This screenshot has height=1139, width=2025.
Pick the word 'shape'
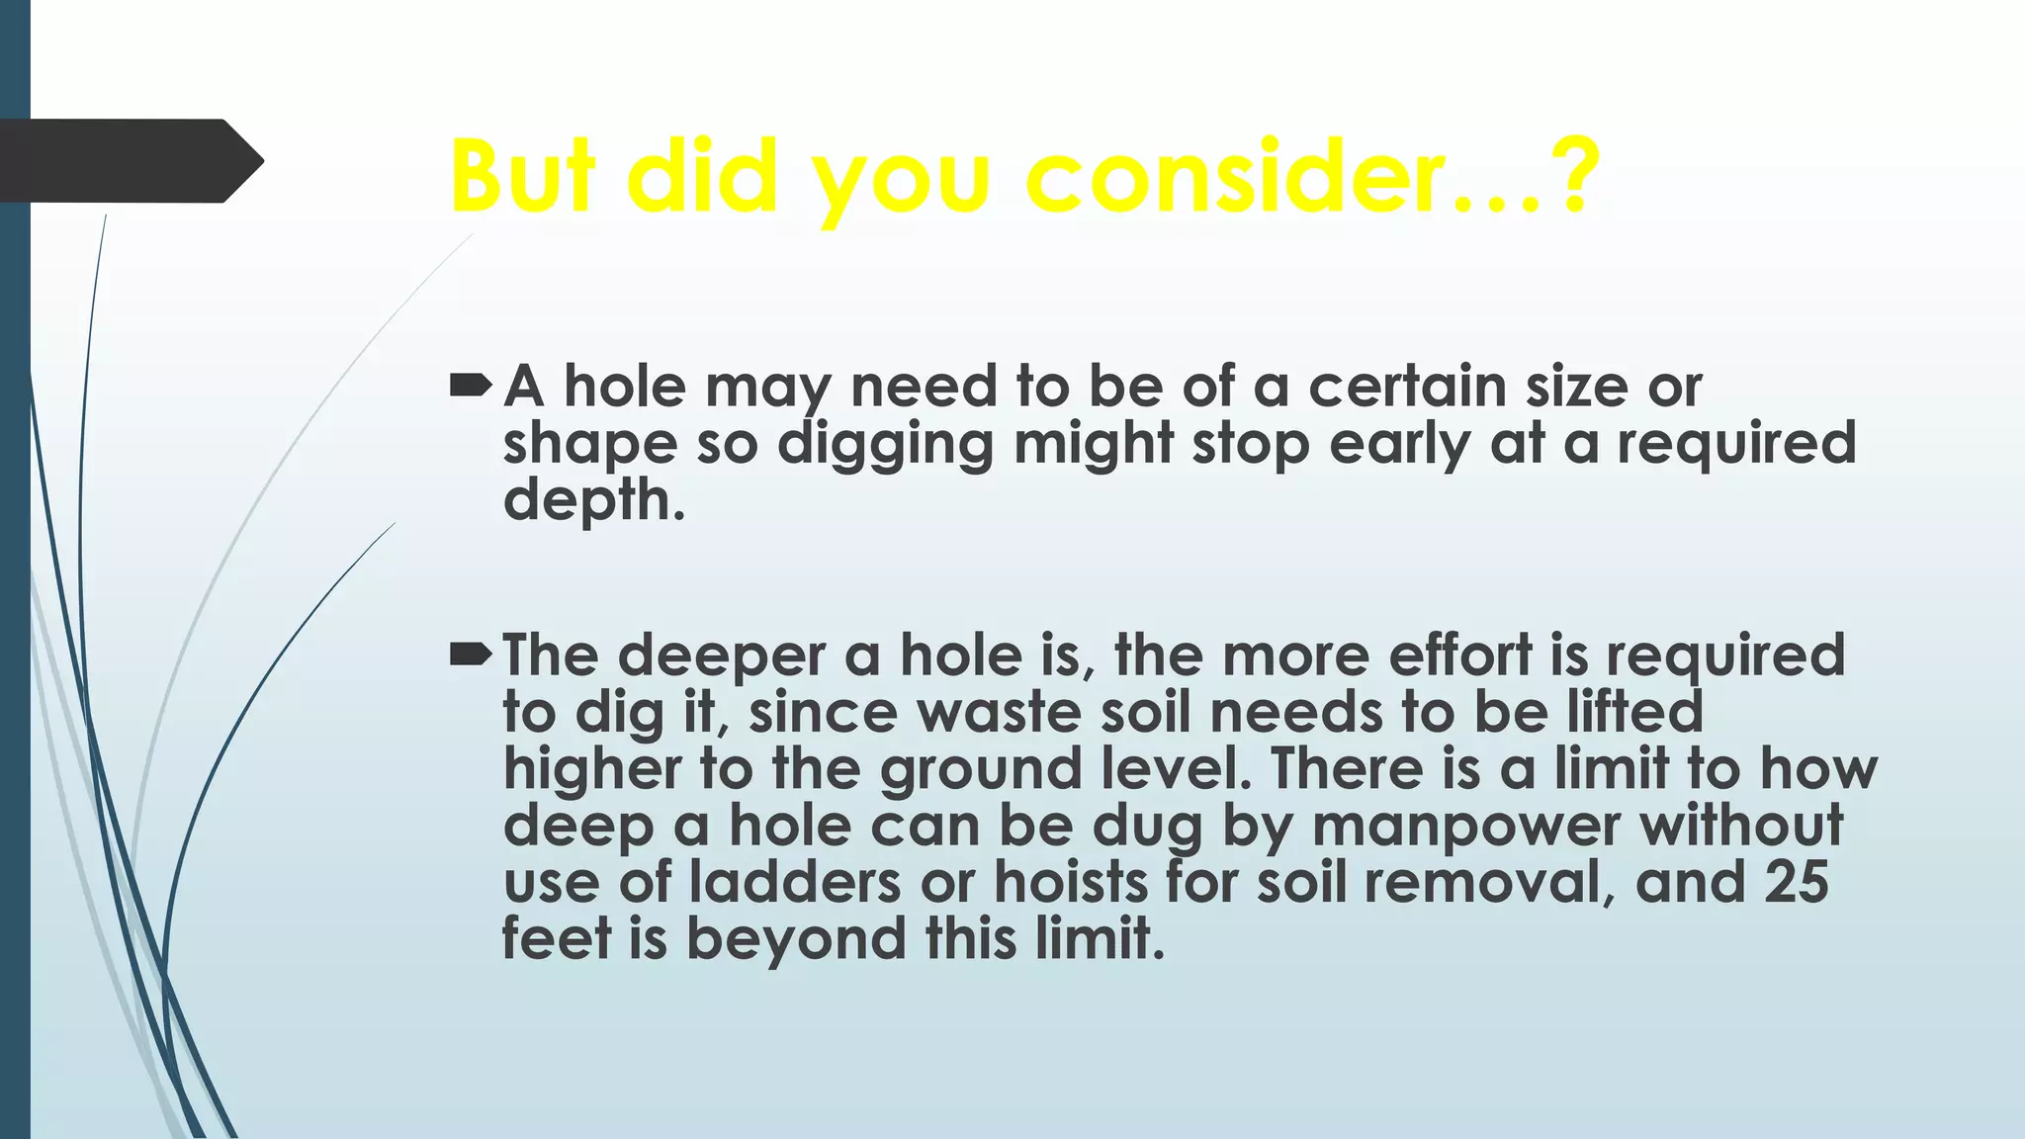coord(589,445)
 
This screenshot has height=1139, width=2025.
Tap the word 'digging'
coord(885,445)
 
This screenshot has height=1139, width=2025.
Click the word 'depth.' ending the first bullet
coord(593,500)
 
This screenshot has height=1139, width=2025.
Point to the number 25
coord(1796,882)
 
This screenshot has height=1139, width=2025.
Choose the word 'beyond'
coord(795,938)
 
